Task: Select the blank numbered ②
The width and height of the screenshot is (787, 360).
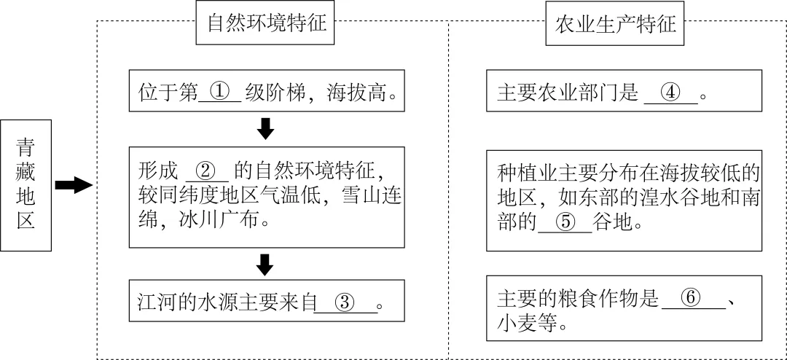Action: point(208,171)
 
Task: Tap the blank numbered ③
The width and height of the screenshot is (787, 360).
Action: point(346,302)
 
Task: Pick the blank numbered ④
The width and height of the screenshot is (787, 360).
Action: point(670,93)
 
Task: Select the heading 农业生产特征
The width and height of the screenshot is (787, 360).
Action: point(616,25)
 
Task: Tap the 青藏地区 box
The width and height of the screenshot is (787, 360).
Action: point(26,185)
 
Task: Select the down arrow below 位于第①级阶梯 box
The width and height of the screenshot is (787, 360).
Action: point(266,129)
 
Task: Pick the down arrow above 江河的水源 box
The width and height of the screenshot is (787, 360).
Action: point(266,265)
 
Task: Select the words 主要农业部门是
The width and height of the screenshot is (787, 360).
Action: point(568,93)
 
